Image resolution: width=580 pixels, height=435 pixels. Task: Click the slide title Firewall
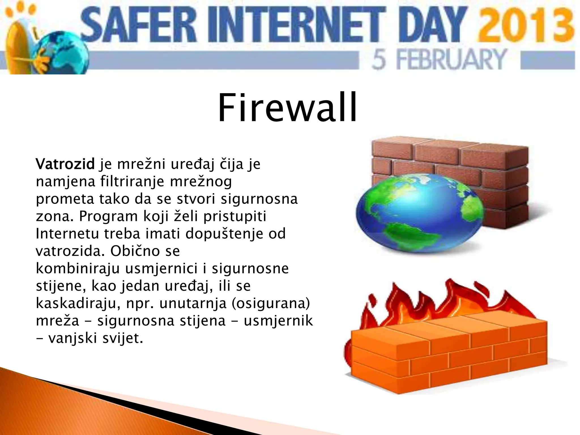click(287, 108)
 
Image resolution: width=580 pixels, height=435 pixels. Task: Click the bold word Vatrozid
click(65, 164)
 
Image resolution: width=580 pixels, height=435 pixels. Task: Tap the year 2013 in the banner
click(525, 25)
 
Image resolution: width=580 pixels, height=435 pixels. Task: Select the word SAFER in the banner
click(139, 25)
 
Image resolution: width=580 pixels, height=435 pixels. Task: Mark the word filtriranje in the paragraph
click(132, 182)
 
